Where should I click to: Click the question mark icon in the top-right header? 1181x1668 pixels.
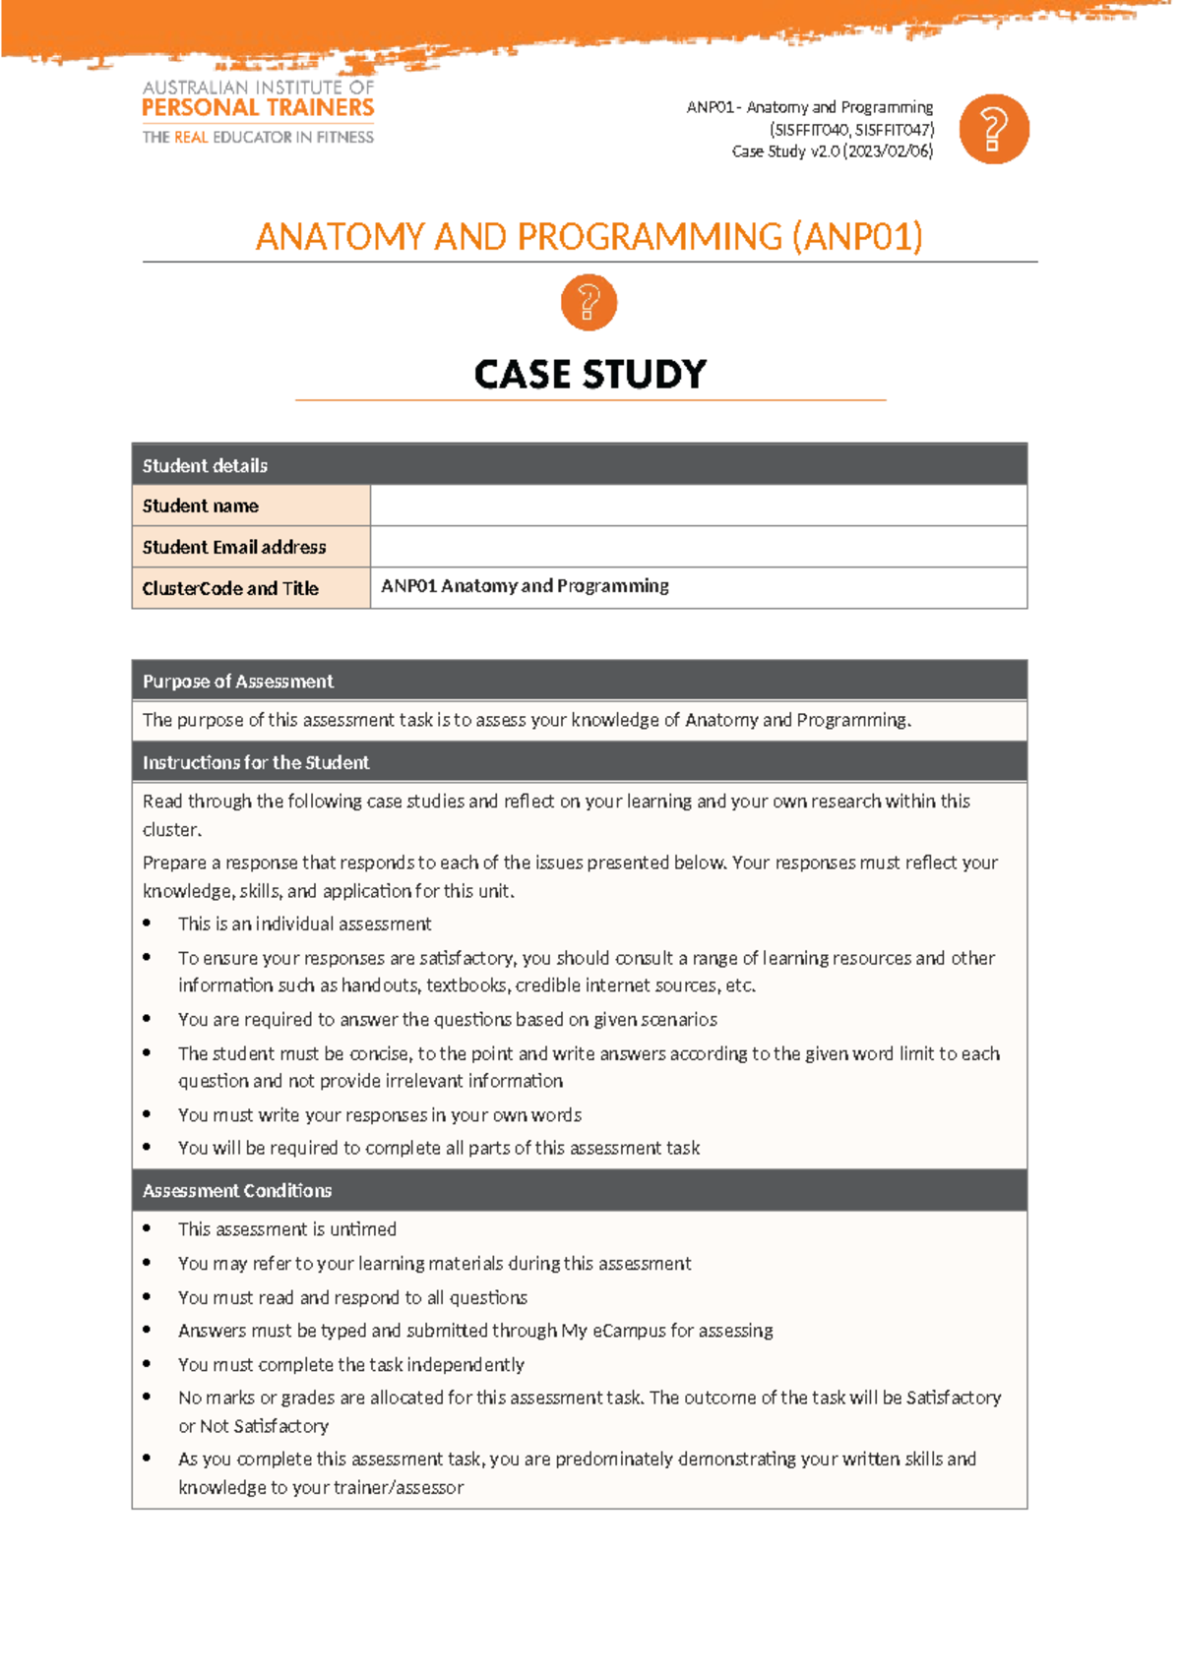[x=993, y=129]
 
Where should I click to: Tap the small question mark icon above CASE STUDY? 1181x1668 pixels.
[x=589, y=302]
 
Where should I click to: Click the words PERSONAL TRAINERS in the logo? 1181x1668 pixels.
[x=258, y=108]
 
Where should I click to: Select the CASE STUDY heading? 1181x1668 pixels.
[x=590, y=374]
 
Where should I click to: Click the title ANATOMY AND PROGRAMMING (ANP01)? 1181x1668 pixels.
[x=589, y=237]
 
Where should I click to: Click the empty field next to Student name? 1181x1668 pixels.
[x=698, y=506]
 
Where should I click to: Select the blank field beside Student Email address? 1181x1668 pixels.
[x=698, y=547]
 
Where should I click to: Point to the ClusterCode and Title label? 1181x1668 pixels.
[x=230, y=588]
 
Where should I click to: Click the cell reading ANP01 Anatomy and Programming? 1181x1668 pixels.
[x=525, y=586]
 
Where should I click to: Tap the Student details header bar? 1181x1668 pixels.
[x=579, y=465]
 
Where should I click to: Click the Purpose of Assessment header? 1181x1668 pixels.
[x=237, y=682]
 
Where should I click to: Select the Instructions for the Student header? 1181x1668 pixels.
[x=256, y=762]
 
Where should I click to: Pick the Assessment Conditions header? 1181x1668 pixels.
[x=237, y=1190]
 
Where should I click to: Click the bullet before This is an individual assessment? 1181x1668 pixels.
[x=147, y=923]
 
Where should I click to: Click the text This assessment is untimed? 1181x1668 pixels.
[x=286, y=1229]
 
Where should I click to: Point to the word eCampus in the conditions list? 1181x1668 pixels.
[x=628, y=1331]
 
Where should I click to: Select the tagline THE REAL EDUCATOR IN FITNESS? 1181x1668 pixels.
[x=258, y=138]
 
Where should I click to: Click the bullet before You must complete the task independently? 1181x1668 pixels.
[x=147, y=1364]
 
